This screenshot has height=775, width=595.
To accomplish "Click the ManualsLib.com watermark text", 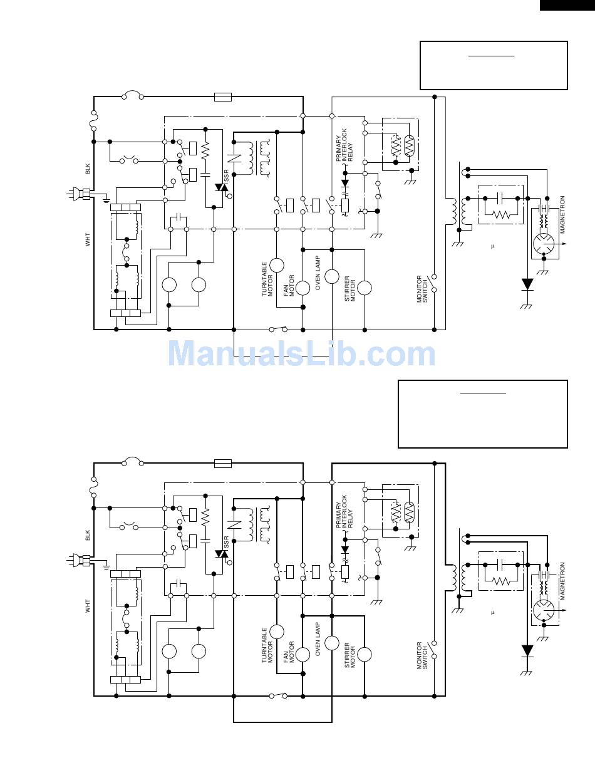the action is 302,353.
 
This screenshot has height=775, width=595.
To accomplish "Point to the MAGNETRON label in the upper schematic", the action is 562,215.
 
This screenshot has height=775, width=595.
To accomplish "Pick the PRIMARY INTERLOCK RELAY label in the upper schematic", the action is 344,145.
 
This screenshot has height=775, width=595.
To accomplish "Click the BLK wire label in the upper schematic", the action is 88,169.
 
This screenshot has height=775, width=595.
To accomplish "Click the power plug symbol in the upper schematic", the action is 79,194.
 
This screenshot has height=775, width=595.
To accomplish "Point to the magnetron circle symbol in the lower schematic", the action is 543,610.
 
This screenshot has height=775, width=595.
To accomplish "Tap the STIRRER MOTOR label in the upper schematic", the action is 349,289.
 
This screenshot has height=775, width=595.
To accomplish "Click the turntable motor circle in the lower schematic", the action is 277,632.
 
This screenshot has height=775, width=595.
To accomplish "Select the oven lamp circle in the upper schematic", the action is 332,276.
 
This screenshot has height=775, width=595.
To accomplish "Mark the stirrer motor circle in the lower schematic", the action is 365,655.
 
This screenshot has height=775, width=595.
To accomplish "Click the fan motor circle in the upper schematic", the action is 303,288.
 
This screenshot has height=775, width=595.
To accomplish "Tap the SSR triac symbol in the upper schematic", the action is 221,187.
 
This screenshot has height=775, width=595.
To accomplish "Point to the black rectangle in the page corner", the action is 567,5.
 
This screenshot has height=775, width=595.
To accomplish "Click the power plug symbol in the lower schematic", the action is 79,560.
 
